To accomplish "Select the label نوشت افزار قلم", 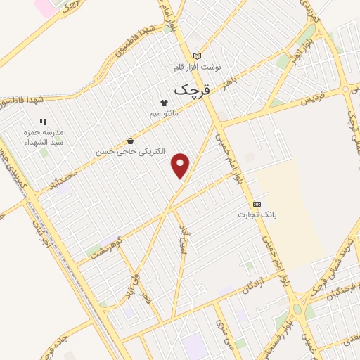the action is (x=198, y=67).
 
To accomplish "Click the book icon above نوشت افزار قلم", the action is (x=198, y=56).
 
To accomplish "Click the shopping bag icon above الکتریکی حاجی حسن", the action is (x=129, y=141).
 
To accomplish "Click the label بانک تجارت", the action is (x=255, y=214).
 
